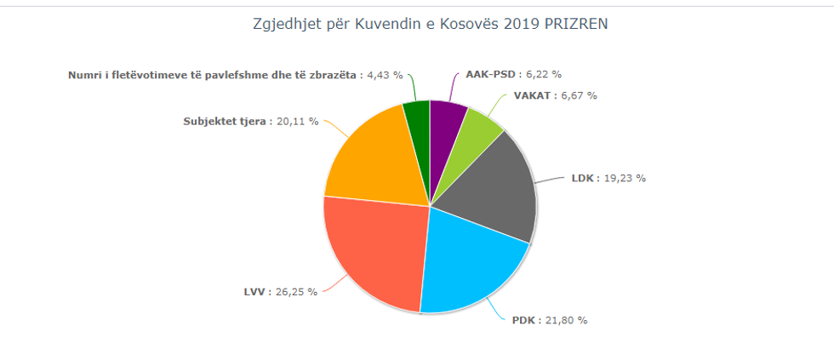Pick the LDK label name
[x=583, y=179]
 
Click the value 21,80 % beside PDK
[x=567, y=321]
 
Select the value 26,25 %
[x=297, y=292]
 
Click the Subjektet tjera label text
[x=225, y=121]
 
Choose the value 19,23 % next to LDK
[x=625, y=179]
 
